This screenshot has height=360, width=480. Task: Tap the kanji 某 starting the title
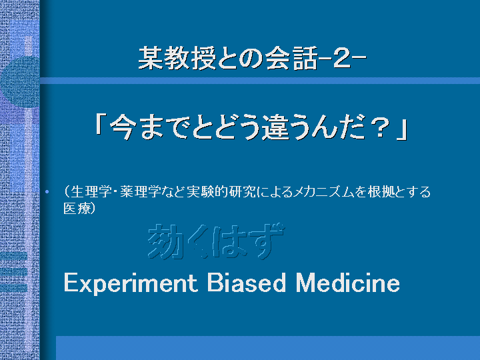pos(150,59)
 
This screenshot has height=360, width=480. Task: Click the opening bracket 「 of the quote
pos(99,125)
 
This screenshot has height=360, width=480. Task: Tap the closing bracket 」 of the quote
pos(401,131)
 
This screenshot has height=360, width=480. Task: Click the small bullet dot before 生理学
pos(47,192)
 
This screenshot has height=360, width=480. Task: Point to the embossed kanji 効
pos(165,242)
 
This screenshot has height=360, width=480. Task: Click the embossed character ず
pos(265,241)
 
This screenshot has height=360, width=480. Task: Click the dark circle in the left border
pos(20,81)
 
